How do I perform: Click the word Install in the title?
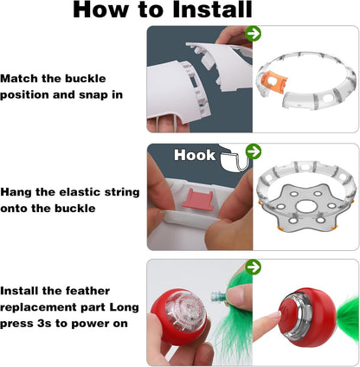click(x=212, y=10)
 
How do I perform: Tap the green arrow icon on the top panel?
click(x=254, y=34)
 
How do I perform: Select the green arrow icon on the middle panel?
click(x=254, y=151)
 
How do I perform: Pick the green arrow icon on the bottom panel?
click(x=254, y=267)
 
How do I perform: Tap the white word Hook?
click(x=195, y=155)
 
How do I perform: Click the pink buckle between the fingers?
click(x=198, y=199)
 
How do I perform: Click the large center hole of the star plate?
click(x=305, y=206)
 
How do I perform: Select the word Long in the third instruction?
click(x=125, y=307)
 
